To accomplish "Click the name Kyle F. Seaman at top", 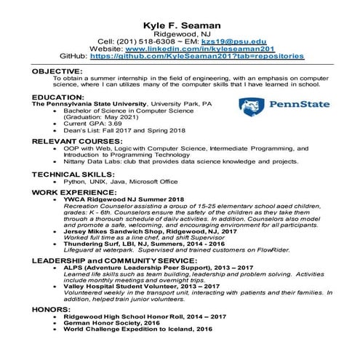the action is (x=180, y=7).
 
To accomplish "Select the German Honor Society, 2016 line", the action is (x=116, y=324).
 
